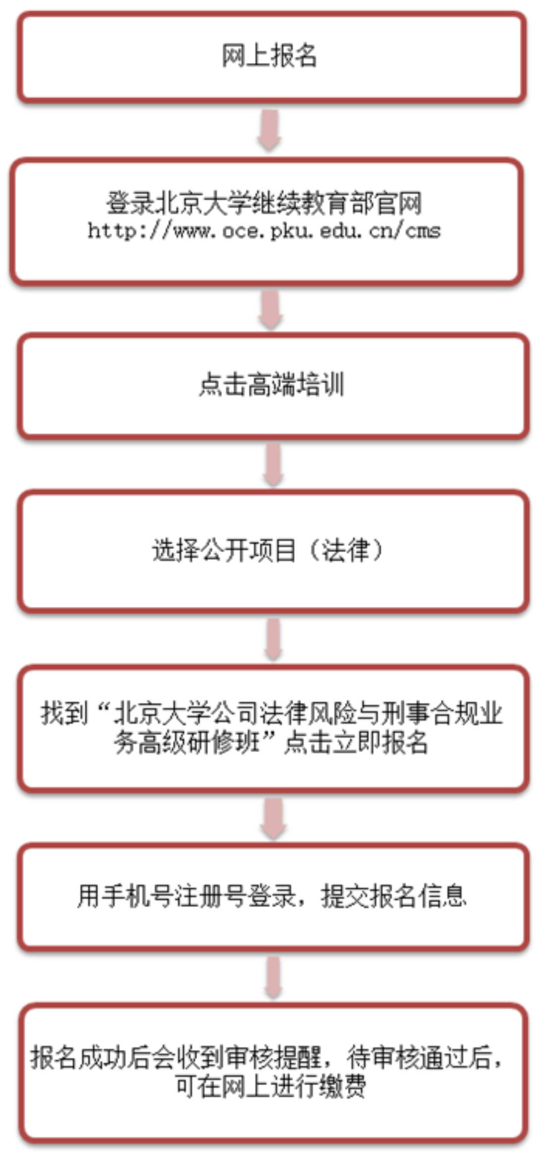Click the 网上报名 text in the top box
[x=269, y=55]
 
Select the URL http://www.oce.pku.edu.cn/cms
[x=264, y=231]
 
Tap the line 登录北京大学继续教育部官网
[x=264, y=203]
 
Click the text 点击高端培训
[x=271, y=385]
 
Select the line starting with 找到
[x=271, y=714]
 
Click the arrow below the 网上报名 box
[x=270, y=130]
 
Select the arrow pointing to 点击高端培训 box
[x=271, y=310]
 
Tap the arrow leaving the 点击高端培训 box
[x=273, y=465]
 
